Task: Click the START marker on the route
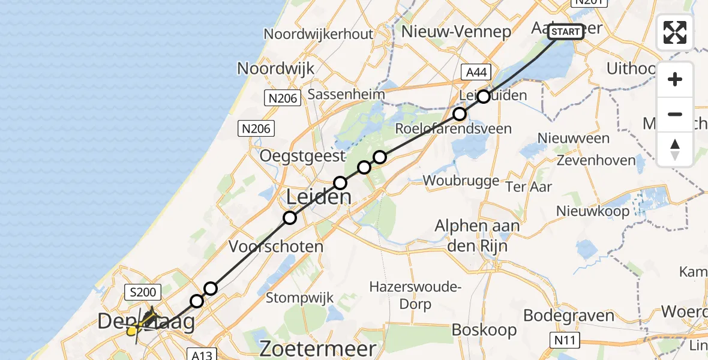pyautogui.click(x=565, y=32)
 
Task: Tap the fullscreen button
pyautogui.click(x=675, y=32)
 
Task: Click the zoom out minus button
pyautogui.click(x=675, y=114)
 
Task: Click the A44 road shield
pyautogui.click(x=477, y=73)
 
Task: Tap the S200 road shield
pyautogui.click(x=142, y=293)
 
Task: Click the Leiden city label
pyautogui.click(x=318, y=197)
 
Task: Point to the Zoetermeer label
pyautogui.click(x=318, y=349)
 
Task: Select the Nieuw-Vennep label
pyautogui.click(x=456, y=31)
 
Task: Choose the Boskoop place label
pyautogui.click(x=484, y=329)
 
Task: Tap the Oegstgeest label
pyautogui.click(x=302, y=156)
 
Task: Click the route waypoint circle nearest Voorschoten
pyautogui.click(x=290, y=218)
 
